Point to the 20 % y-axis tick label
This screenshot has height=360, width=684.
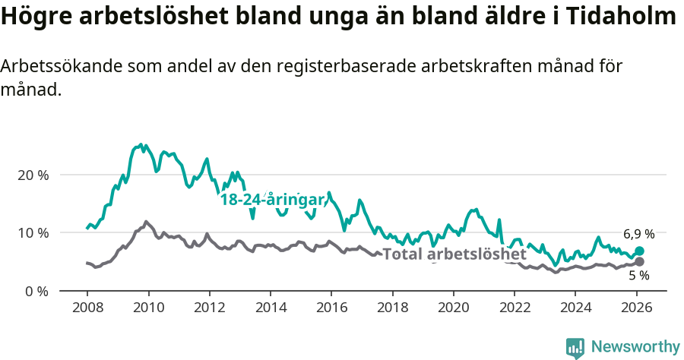click(33, 175)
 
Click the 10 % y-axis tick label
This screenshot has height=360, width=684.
click(33, 233)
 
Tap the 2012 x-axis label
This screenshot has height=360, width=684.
click(209, 308)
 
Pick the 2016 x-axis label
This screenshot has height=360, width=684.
click(331, 308)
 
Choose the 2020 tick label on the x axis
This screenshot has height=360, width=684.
click(453, 308)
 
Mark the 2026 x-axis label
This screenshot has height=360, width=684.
click(636, 308)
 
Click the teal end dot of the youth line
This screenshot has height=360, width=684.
click(639, 251)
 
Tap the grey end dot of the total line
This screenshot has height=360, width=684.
click(639, 262)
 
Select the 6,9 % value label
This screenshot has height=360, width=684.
click(638, 234)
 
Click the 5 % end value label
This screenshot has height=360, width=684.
click(638, 276)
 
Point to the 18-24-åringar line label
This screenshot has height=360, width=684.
click(273, 200)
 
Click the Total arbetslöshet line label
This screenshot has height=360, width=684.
click(454, 254)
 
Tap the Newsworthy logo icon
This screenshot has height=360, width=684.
click(575, 347)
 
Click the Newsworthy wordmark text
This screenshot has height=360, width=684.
click(635, 347)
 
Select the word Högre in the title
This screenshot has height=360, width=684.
click(37, 17)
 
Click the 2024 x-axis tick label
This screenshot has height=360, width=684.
click(575, 308)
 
